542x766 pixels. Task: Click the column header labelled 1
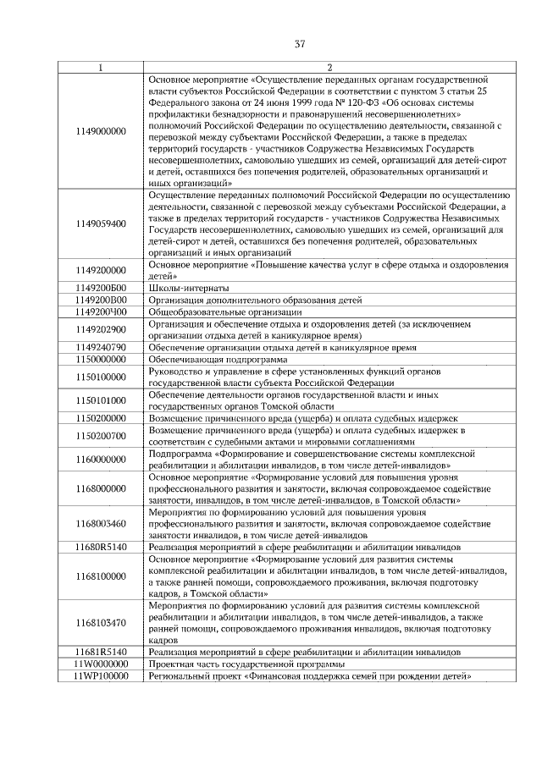[x=100, y=68]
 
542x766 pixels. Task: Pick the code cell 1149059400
[x=100, y=223]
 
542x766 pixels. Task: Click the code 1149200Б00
[x=100, y=288]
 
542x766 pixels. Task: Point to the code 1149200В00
[x=100, y=300]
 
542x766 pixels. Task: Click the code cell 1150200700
[x=100, y=436]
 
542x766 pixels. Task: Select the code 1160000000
[x=100, y=460]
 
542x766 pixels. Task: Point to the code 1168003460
[x=100, y=524]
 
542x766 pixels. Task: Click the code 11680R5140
[x=100, y=548]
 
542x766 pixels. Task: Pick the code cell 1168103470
[x=100, y=623]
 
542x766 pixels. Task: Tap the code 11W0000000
[x=100, y=664]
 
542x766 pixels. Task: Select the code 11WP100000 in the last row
[x=100, y=676]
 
